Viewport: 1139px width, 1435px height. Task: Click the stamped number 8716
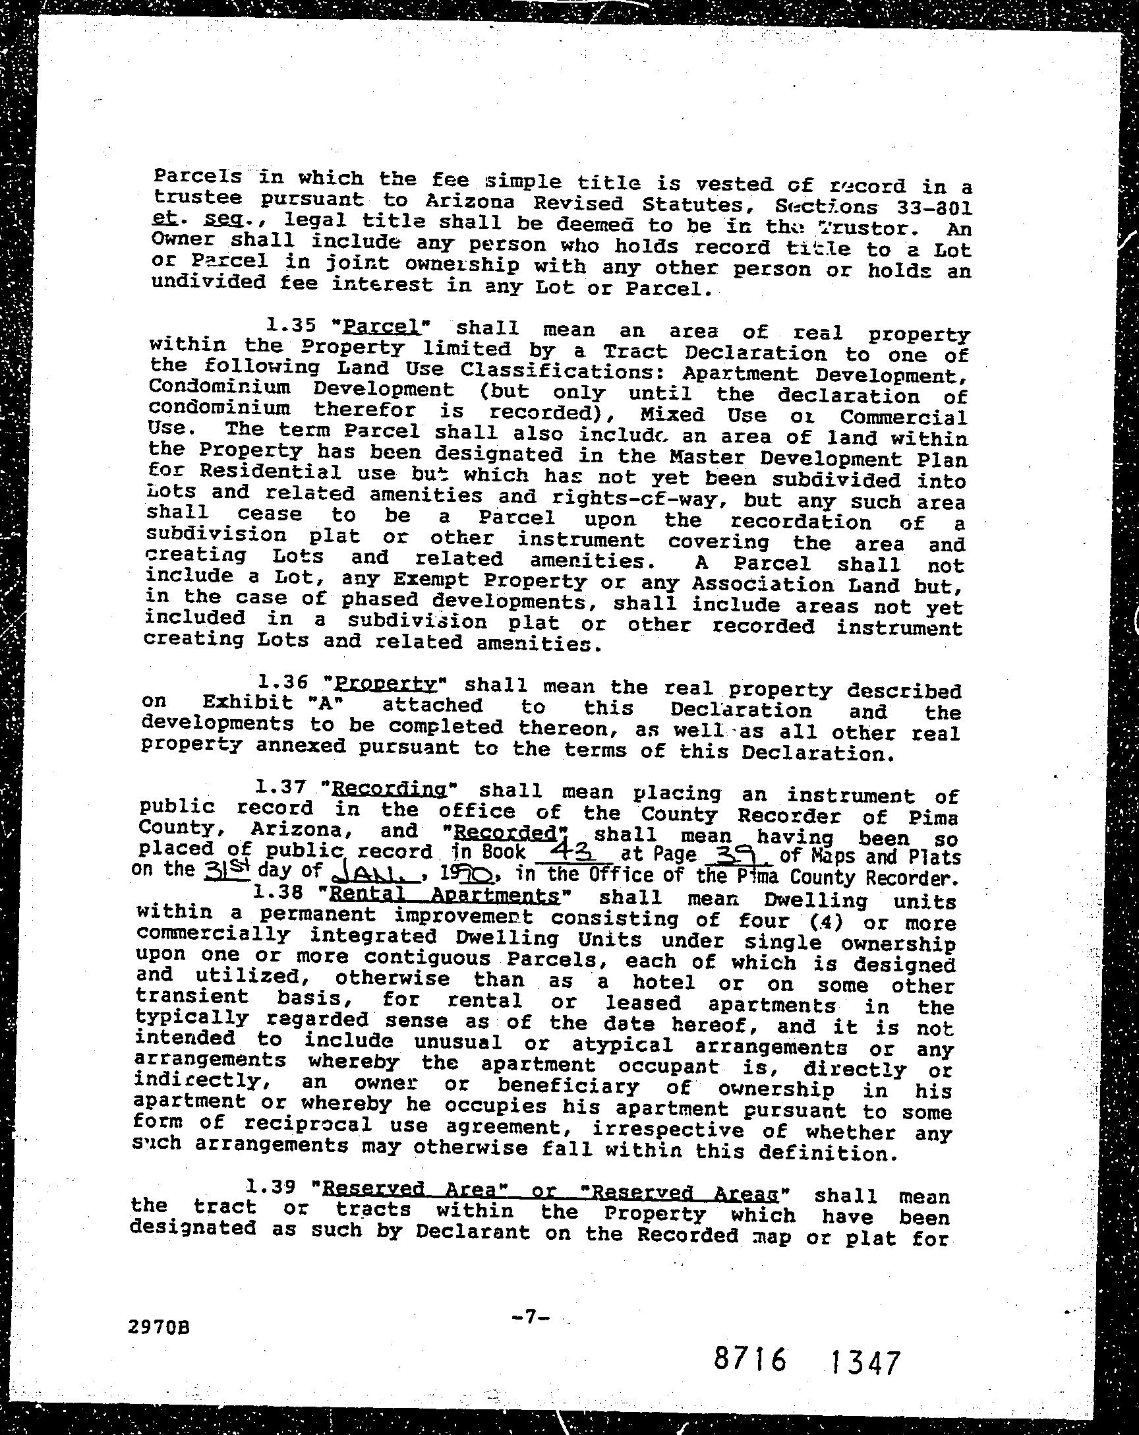tap(750, 1359)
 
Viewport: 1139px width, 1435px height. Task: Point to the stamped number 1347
tap(863, 1362)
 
